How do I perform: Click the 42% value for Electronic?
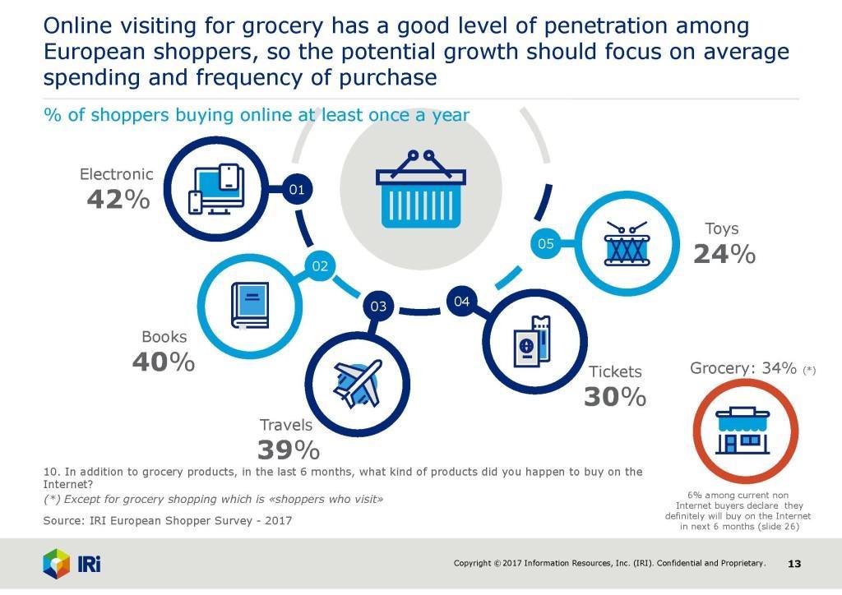(x=118, y=198)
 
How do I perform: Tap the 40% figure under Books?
(x=163, y=362)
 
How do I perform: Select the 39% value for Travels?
(x=288, y=450)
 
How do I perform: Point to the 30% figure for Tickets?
(x=615, y=397)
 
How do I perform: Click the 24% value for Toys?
(x=724, y=255)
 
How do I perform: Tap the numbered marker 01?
(x=298, y=190)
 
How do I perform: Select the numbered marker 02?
(x=320, y=265)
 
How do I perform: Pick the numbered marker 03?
(x=378, y=307)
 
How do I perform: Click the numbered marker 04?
(x=461, y=302)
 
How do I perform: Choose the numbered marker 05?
(x=546, y=243)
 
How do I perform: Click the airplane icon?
(x=354, y=383)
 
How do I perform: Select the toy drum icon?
(x=629, y=243)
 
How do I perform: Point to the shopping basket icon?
(x=420, y=189)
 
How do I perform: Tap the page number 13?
(x=794, y=564)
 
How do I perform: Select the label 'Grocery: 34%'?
(x=743, y=368)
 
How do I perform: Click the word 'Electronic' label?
(x=116, y=174)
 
